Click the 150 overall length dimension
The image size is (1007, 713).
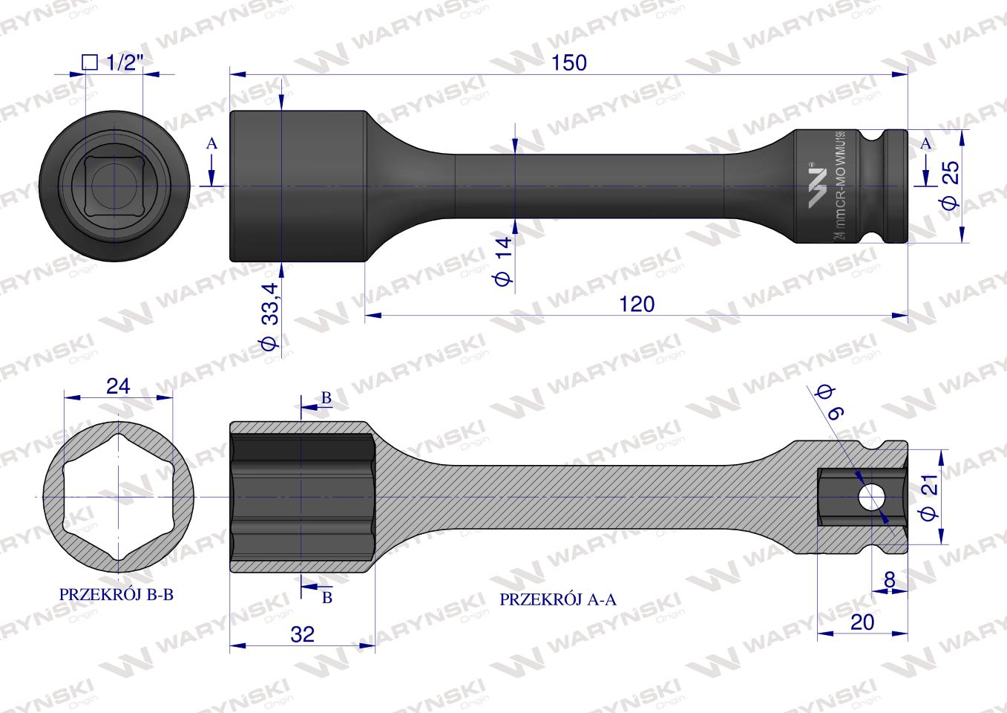[569, 62]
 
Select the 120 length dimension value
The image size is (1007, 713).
[637, 304]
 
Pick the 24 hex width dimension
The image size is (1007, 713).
[118, 385]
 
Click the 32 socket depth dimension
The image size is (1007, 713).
[302, 634]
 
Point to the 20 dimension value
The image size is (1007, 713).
[862, 622]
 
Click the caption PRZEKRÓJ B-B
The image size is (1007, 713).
[116, 594]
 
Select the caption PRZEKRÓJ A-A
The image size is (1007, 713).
[558, 599]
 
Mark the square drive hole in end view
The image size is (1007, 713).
[112, 186]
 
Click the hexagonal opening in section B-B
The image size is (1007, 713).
[118, 496]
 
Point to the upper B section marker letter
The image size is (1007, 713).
[326, 398]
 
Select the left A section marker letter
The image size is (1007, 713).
[211, 144]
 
